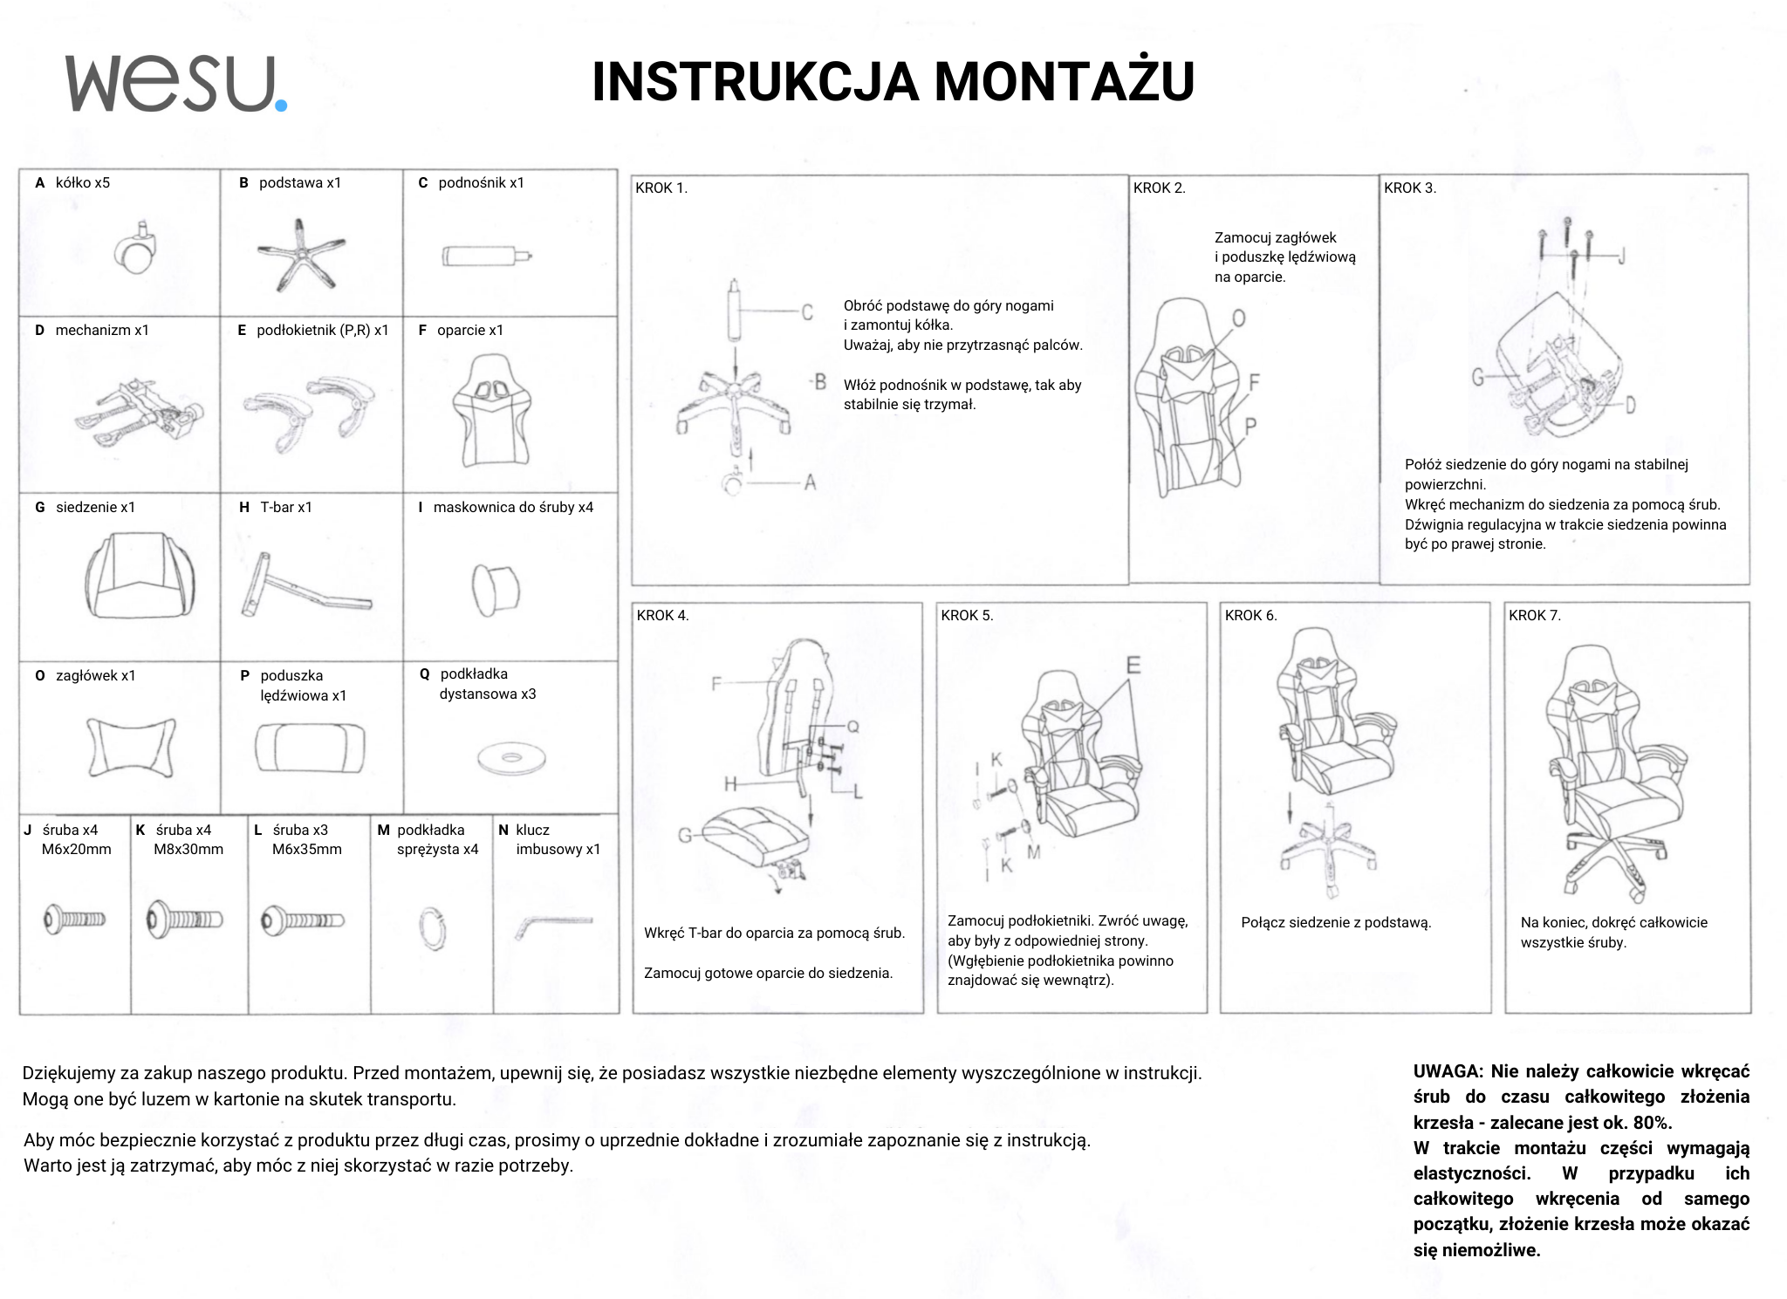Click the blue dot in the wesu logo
(280, 106)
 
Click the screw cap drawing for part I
(495, 588)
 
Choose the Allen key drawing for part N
(551, 924)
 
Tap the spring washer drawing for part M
(432, 924)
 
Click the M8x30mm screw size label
(188, 849)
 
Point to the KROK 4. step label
(662, 615)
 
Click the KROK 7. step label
(1534, 615)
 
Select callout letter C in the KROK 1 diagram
(807, 311)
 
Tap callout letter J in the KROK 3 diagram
(1620, 256)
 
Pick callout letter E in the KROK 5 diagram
(1133, 666)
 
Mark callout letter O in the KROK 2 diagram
(1238, 318)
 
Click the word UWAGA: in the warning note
(1448, 1070)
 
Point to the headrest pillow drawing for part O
(131, 747)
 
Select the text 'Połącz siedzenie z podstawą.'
(1336, 922)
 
